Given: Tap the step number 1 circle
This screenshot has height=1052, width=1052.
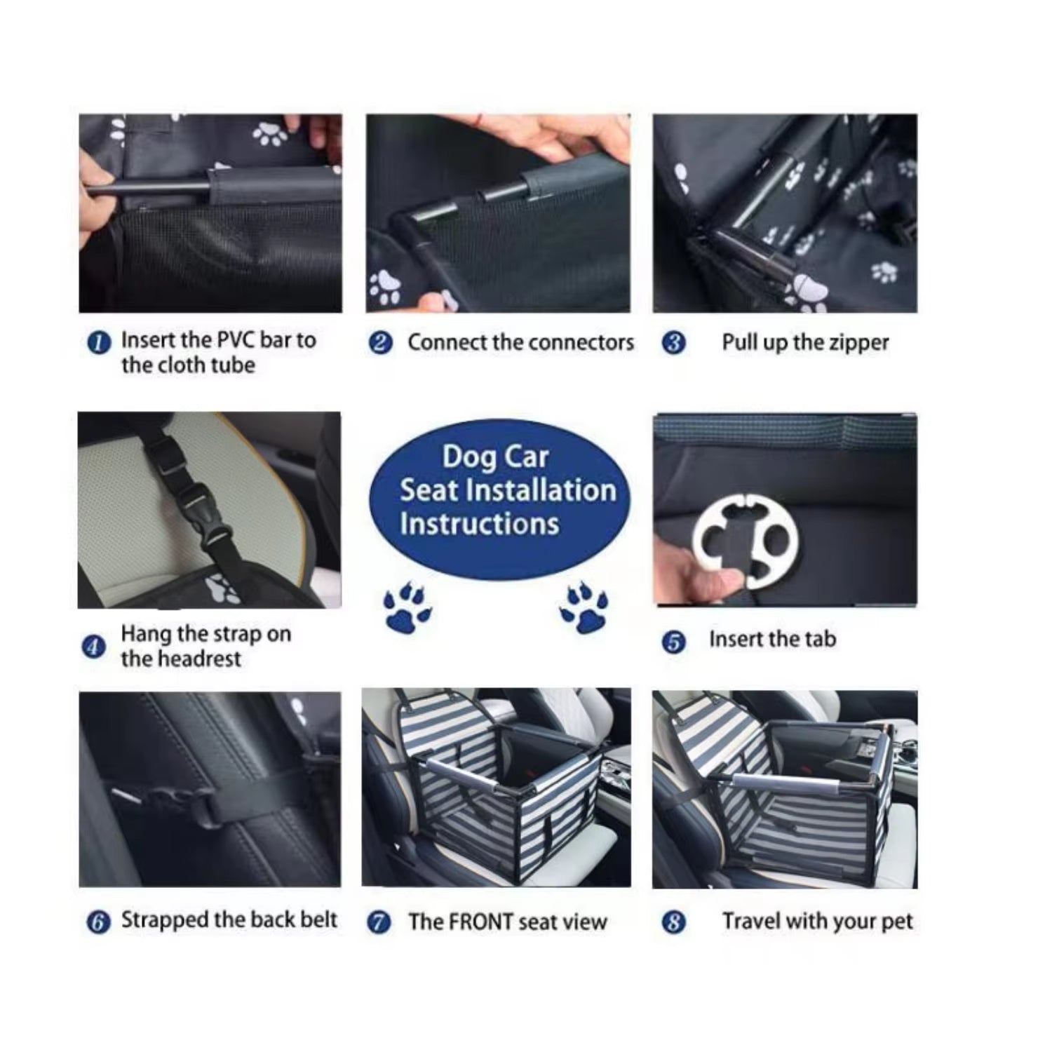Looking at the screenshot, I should [99, 343].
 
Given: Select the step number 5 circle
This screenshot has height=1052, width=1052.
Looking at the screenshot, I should [674, 642].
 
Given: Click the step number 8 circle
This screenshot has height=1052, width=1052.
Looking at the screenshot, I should [674, 922].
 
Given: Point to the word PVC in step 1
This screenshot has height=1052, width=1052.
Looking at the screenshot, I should [236, 340].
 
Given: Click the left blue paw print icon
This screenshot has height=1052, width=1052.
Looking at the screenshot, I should [407, 607].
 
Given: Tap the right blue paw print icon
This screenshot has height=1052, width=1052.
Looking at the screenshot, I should [584, 607].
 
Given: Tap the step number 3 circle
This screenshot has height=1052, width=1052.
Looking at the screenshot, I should [674, 344].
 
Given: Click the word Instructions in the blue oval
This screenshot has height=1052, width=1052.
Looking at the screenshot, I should [480, 524].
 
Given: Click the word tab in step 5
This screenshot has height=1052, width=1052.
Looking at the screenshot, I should [820, 639].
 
